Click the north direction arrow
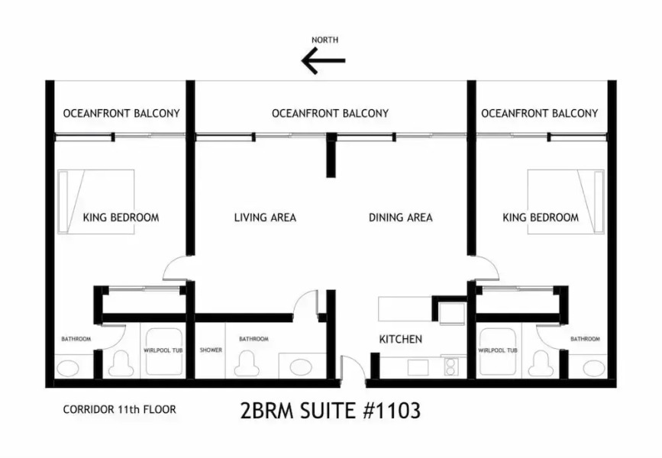[x=324, y=60]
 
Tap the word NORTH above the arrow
[x=325, y=40]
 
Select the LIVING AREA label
[x=265, y=218]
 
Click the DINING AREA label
[x=401, y=218]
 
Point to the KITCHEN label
[x=401, y=339]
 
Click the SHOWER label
[x=211, y=350]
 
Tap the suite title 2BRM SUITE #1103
[x=331, y=411]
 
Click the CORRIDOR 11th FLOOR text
[x=119, y=409]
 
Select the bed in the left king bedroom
[x=96, y=202]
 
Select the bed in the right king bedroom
[x=566, y=202]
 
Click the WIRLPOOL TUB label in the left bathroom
[x=163, y=350]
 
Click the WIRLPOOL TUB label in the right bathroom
[x=498, y=350]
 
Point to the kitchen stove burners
[x=451, y=366]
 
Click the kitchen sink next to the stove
[x=418, y=367]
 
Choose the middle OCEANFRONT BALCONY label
[x=330, y=113]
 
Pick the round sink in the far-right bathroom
[x=593, y=368]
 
